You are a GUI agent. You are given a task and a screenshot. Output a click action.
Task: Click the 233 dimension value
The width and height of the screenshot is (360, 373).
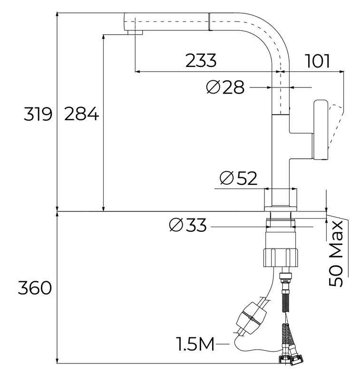point(201,61)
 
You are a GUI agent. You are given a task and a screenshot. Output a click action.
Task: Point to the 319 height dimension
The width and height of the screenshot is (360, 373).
point(38,115)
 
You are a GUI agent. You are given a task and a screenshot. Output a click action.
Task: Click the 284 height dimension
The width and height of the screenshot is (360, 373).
point(81,115)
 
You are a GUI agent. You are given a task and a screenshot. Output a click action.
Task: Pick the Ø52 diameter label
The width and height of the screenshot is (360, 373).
point(238,178)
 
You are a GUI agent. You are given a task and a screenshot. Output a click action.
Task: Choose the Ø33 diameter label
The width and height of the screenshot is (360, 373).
point(188,225)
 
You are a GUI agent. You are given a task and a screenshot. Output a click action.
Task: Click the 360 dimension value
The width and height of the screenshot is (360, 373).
point(34,287)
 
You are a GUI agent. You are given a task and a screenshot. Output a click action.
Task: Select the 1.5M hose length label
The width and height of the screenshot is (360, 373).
point(196,343)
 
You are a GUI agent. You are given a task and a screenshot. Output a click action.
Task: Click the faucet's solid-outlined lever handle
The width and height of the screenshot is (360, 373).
point(320,130)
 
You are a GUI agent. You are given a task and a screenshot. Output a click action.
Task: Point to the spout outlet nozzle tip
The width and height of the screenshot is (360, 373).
point(134,32)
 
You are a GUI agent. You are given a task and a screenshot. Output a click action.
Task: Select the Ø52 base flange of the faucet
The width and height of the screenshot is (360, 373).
point(281,199)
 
